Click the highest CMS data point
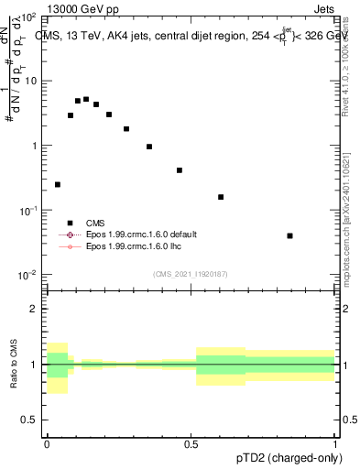coord(86,99)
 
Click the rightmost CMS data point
coord(289,235)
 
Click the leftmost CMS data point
coord(58,184)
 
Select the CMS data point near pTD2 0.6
coord(221,197)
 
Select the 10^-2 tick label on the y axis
coord(28,274)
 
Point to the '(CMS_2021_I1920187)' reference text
coord(191,272)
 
